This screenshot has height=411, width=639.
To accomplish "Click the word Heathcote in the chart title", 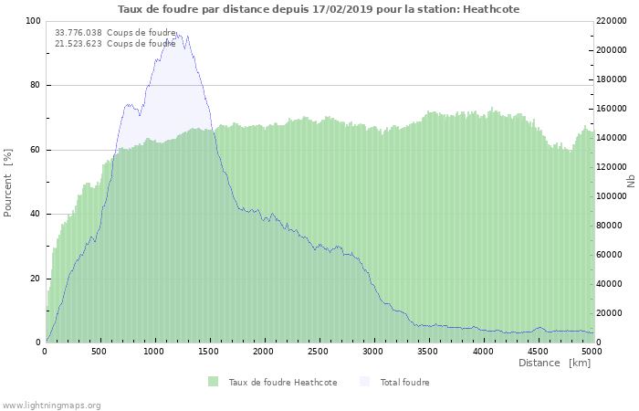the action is [x=491, y=9].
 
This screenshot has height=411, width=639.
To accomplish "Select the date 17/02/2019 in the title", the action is [x=342, y=9].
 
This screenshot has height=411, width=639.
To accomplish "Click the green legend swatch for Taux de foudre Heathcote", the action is [x=213, y=382].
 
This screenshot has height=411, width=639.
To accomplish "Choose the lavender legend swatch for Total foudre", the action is [x=365, y=382].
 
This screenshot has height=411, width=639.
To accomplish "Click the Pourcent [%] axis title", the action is [x=7, y=183].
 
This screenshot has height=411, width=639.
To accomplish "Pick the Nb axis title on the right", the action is [x=632, y=181].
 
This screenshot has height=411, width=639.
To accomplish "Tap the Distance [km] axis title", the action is [x=555, y=363].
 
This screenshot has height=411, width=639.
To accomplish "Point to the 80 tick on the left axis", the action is [x=35, y=85].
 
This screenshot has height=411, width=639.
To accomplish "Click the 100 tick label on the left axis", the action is [x=33, y=21].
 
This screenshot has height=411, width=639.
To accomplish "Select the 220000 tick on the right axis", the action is [x=612, y=21].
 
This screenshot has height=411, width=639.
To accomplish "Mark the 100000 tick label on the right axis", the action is [x=612, y=196].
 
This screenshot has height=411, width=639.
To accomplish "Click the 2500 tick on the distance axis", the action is [x=318, y=352].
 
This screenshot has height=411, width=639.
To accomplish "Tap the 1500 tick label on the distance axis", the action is [x=209, y=352].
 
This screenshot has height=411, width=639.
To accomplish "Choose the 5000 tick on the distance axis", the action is [x=592, y=352].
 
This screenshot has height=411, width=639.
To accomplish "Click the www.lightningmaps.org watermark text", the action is [x=50, y=406].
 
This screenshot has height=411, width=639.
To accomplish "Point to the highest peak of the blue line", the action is [x=176, y=33].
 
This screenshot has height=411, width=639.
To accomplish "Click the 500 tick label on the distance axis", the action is [x=99, y=352].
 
